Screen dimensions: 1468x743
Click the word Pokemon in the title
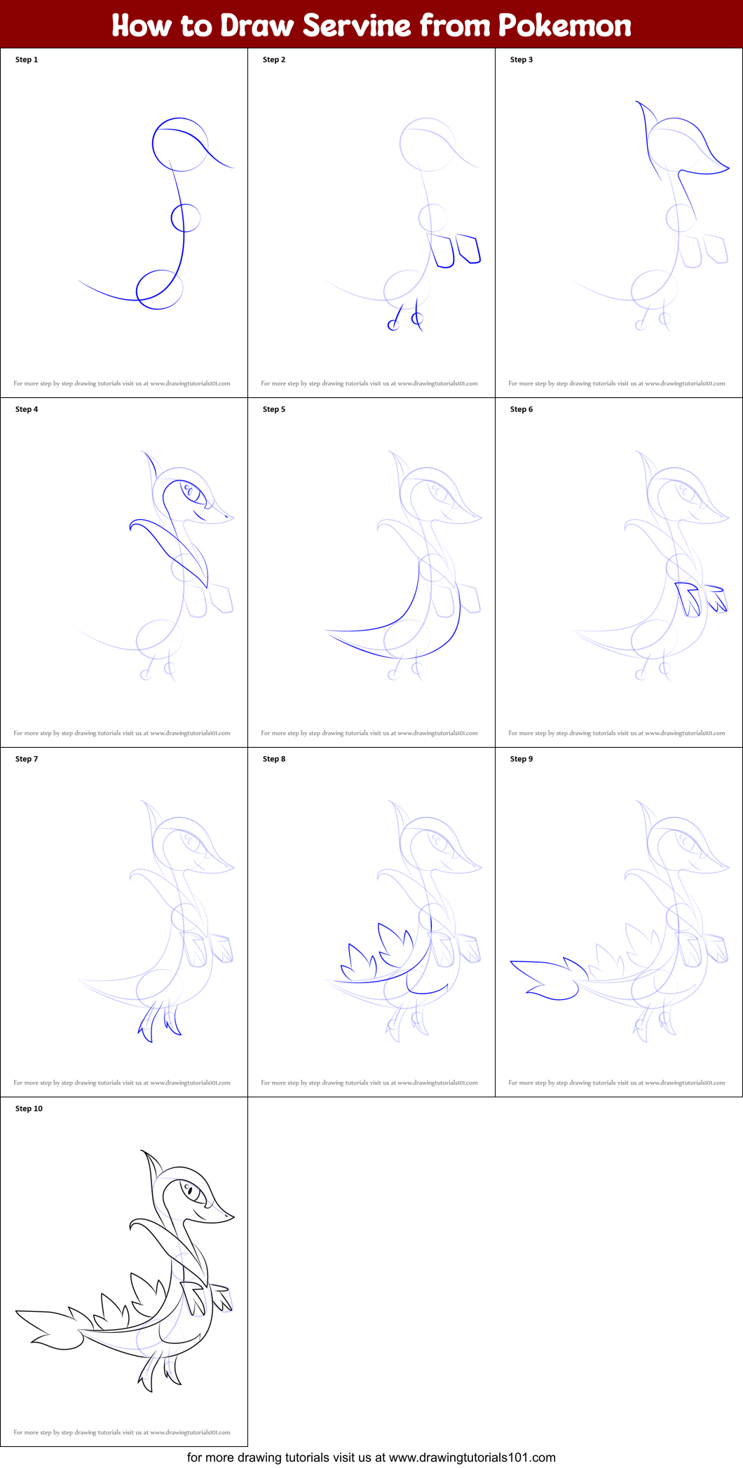564,25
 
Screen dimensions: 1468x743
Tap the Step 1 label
27,60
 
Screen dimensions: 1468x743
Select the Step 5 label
274,409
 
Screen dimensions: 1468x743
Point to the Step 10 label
29,1109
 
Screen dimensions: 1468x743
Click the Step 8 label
274,759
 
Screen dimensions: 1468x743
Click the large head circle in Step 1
180,145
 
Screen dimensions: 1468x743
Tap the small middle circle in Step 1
186,218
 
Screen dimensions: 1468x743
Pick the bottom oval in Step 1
159,289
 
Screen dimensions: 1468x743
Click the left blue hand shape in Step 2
442,251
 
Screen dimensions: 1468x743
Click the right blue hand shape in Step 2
468,249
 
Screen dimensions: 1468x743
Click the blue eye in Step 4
189,490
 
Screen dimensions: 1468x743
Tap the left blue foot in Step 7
148,1027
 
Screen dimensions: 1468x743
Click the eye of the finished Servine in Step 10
189,1190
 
